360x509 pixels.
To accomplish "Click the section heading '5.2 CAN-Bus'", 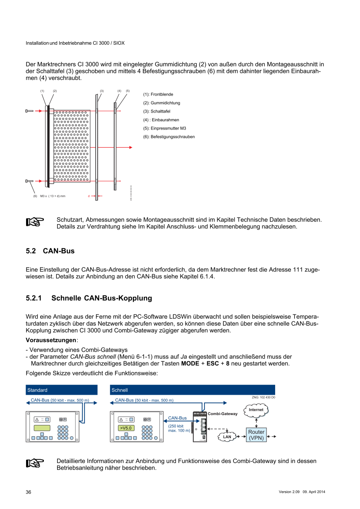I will pyautogui.click(x=50, y=251).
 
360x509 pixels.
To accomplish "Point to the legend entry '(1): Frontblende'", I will pyautogui.click(x=158, y=94).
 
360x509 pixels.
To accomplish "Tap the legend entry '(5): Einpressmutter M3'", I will pyautogui.click(x=164, y=128).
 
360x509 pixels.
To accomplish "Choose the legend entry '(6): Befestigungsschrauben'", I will pyautogui.click(x=169, y=137).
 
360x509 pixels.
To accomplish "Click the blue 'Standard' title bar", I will pyautogui.click(x=62, y=390).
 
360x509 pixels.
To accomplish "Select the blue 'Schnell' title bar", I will pyautogui.click(x=192, y=390).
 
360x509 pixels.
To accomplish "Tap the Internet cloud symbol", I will pyautogui.click(x=256, y=410).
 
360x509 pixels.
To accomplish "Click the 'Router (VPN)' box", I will pyautogui.click(x=256, y=435).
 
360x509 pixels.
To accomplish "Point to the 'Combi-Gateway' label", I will pyautogui.click(x=223, y=413).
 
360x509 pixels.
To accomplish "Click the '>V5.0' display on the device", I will pyautogui.click(x=125, y=428).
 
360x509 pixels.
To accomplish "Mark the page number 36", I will pyautogui.click(x=29, y=492).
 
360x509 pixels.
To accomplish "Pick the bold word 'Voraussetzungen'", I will pyautogui.click(x=51, y=340).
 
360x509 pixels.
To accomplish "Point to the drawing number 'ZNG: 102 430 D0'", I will pyautogui.click(x=263, y=397).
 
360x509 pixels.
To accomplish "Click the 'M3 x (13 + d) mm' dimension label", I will pyautogui.click(x=53, y=196).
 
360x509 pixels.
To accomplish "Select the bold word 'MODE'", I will pyautogui.click(x=190, y=364).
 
